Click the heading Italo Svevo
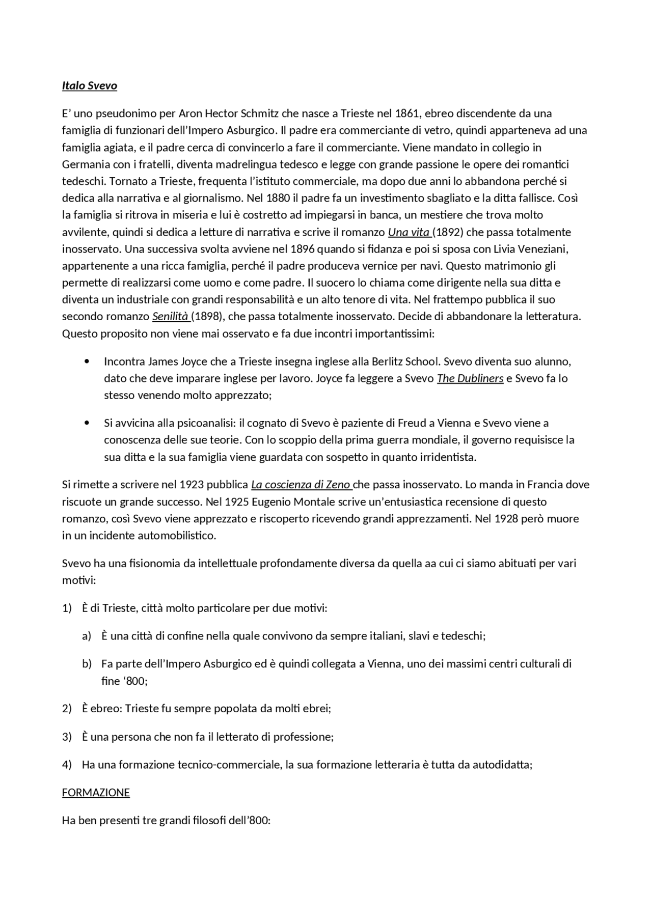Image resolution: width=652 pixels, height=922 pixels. (90, 86)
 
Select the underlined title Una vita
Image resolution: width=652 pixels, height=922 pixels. (409, 232)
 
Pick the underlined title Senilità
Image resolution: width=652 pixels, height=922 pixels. (171, 316)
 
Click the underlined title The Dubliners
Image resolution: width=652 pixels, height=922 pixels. (470, 378)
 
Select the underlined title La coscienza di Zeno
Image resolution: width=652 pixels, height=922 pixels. (301, 485)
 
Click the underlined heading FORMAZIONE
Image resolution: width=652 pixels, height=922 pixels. (96, 793)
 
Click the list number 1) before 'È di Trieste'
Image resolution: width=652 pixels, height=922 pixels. (67, 608)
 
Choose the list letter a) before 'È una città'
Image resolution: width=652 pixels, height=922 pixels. (87, 636)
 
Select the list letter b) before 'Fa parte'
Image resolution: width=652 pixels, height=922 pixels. (87, 664)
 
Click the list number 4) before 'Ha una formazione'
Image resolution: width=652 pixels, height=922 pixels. (67, 765)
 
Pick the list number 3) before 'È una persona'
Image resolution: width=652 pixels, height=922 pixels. (67, 737)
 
